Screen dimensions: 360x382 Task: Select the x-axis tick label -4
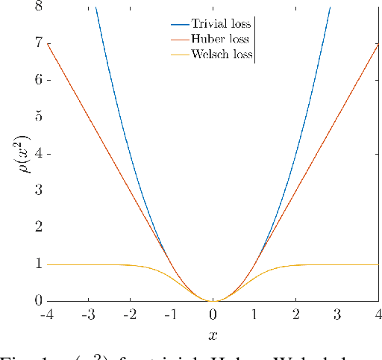[x=46, y=314]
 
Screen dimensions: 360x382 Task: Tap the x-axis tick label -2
[x=129, y=314]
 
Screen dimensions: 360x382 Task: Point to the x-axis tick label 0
[x=213, y=314]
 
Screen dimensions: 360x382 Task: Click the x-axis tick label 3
[x=338, y=314]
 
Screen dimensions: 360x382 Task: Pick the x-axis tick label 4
[x=379, y=314]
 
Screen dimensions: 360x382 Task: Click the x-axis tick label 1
[x=254, y=314]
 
